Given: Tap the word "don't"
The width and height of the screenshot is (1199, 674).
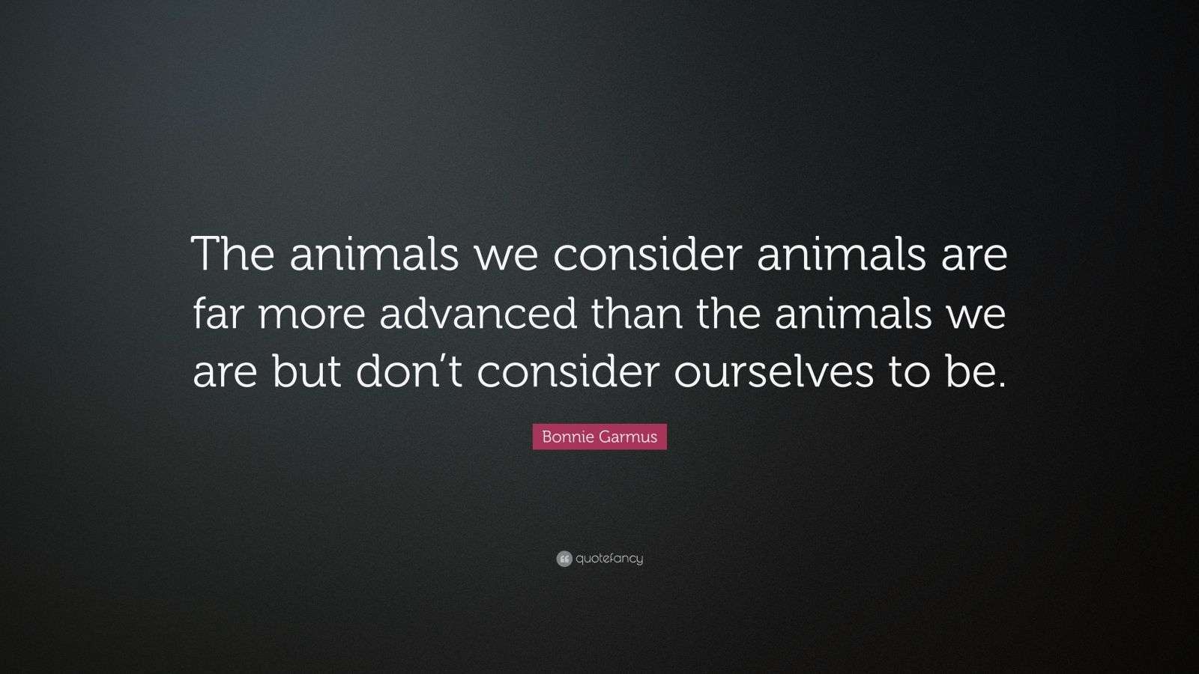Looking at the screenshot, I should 408,372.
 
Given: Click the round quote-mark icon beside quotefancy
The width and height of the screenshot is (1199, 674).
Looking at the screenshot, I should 564,559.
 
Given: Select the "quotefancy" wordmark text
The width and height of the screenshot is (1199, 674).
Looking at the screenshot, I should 609,559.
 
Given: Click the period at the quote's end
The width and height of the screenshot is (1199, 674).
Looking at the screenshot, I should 1000,383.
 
